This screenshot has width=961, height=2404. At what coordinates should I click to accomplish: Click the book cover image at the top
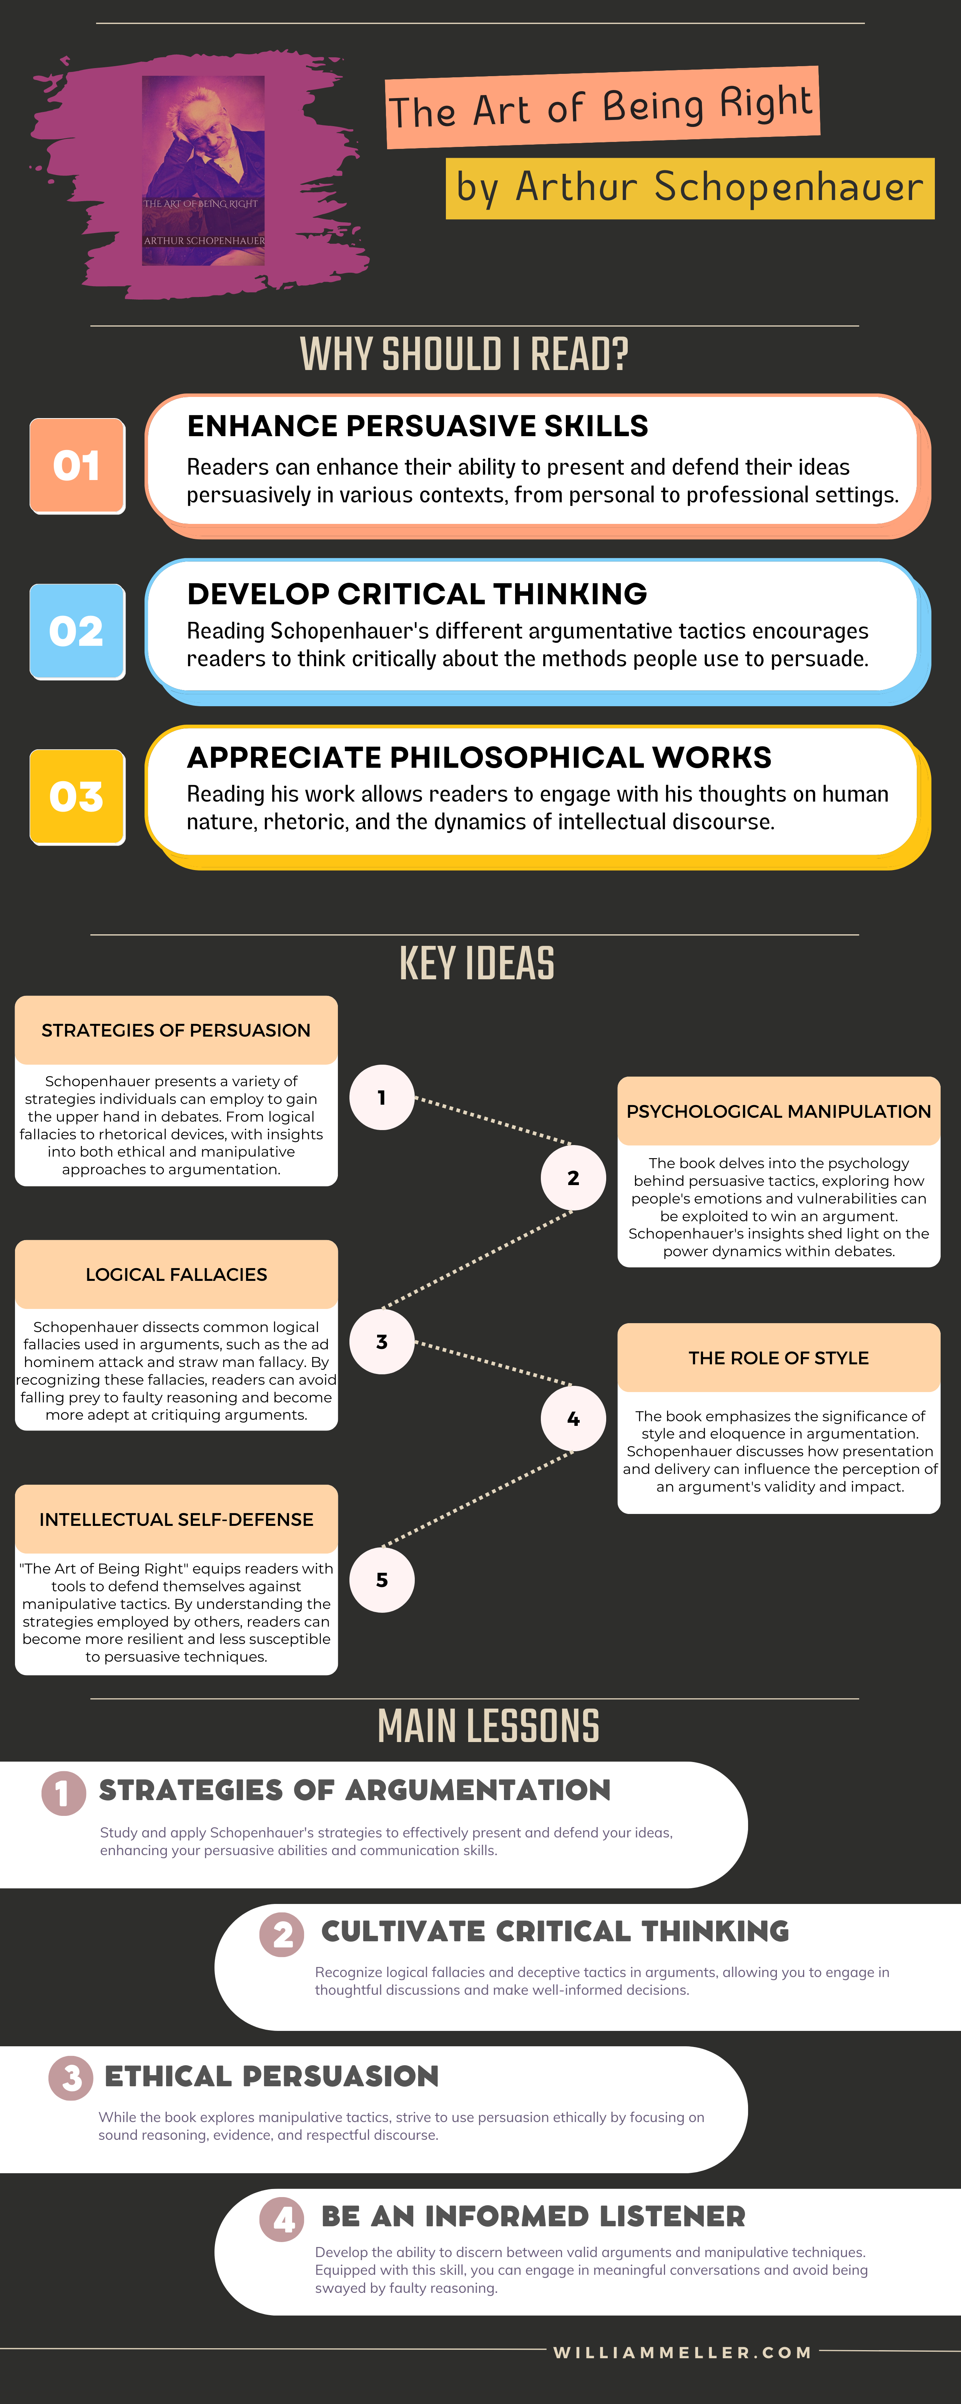(x=203, y=171)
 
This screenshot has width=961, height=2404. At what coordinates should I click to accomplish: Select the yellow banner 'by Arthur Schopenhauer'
(x=690, y=188)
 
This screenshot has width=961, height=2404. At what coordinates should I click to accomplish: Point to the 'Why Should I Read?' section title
(x=464, y=355)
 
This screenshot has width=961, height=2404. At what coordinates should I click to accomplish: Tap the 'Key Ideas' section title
(x=477, y=963)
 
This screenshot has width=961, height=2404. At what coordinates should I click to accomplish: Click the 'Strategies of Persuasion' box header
(x=175, y=1030)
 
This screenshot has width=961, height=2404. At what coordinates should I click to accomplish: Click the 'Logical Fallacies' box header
(x=175, y=1275)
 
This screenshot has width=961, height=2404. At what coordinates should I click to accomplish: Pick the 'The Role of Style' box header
(x=778, y=1358)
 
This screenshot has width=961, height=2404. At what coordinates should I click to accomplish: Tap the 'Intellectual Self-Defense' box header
(x=175, y=1519)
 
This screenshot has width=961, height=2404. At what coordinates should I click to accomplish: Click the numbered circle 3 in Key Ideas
(x=382, y=1342)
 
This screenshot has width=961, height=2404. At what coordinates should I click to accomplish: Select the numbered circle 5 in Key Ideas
(x=382, y=1580)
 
